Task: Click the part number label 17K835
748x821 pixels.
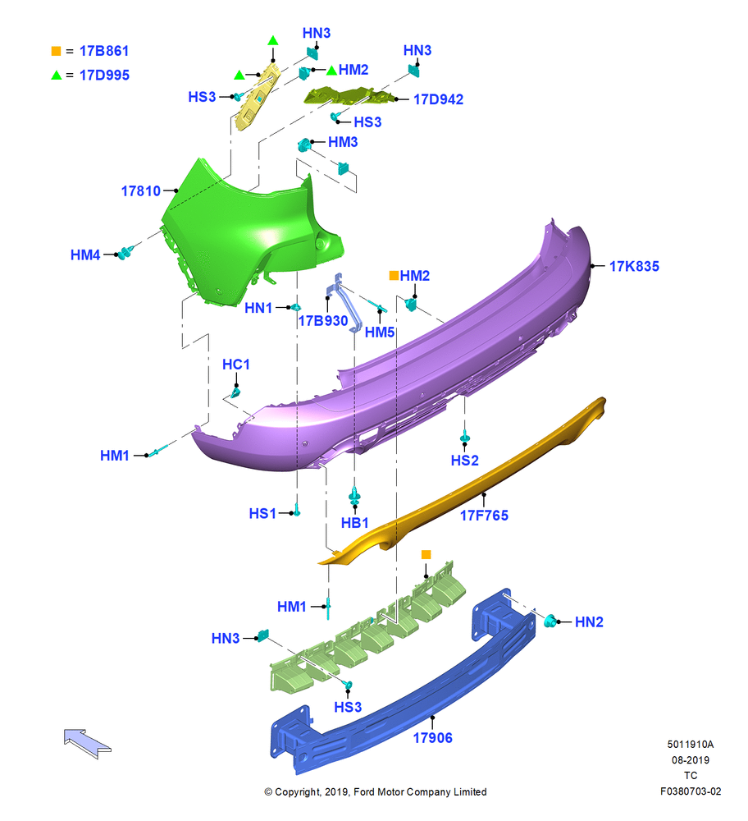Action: (634, 266)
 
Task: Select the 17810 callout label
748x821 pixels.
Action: (141, 191)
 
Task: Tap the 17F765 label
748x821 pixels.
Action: (484, 516)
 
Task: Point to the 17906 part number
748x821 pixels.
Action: (432, 738)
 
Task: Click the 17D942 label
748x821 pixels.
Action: (438, 99)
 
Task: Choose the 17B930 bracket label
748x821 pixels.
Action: (322, 320)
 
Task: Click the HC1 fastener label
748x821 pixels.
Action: (236, 365)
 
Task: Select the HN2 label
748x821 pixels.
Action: (589, 622)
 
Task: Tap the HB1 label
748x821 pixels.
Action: (354, 522)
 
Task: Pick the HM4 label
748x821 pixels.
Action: (85, 255)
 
